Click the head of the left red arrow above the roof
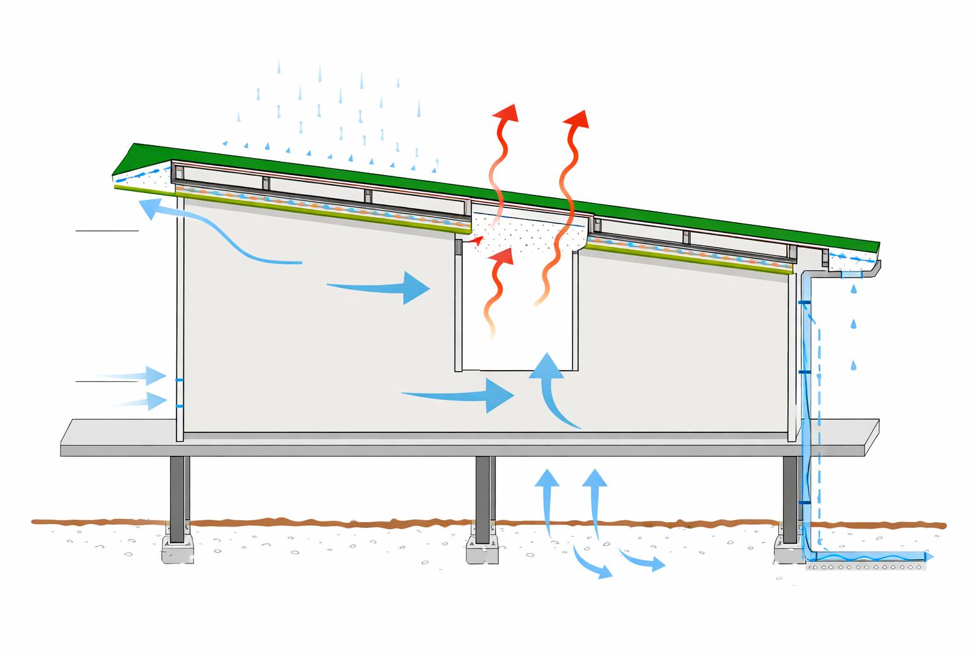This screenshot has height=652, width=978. (506, 113)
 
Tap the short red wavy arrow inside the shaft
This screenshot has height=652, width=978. (499, 280)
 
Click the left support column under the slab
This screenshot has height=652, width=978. (178, 490)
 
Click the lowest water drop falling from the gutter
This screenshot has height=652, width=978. (853, 365)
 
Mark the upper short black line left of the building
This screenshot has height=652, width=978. (107, 230)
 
